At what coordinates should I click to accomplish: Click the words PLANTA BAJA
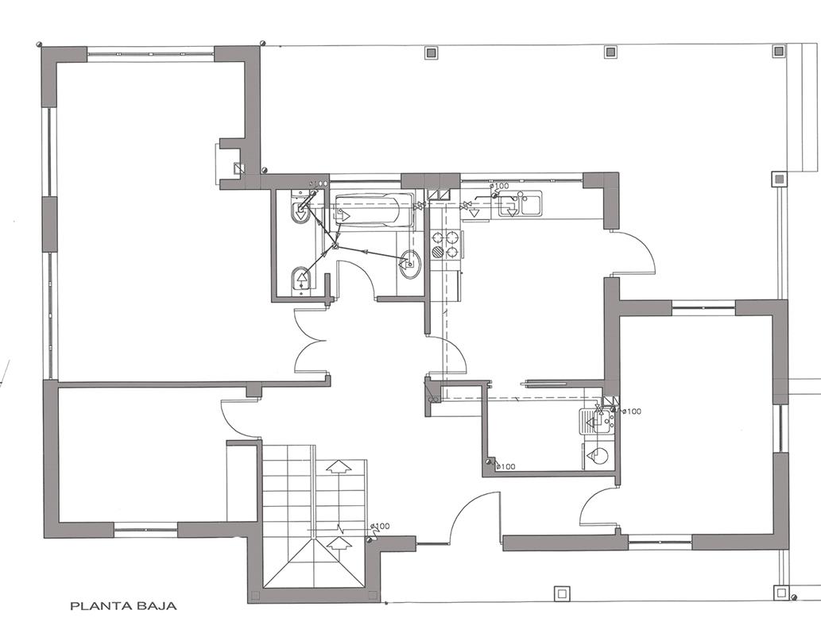(x=123, y=607)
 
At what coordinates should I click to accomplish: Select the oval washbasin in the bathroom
(x=409, y=263)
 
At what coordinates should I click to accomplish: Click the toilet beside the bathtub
(x=301, y=211)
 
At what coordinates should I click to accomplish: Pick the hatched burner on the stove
(x=437, y=253)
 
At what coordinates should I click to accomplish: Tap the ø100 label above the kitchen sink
(x=499, y=185)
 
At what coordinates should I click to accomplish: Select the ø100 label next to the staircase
(x=380, y=526)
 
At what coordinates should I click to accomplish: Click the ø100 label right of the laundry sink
(x=632, y=411)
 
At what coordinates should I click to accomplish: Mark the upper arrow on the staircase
(x=339, y=467)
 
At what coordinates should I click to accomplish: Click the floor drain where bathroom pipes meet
(x=335, y=246)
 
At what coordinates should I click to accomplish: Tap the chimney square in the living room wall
(x=238, y=168)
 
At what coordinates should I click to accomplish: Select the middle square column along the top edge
(x=610, y=52)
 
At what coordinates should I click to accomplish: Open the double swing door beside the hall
(x=311, y=342)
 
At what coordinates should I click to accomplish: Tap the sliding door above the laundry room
(x=563, y=382)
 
